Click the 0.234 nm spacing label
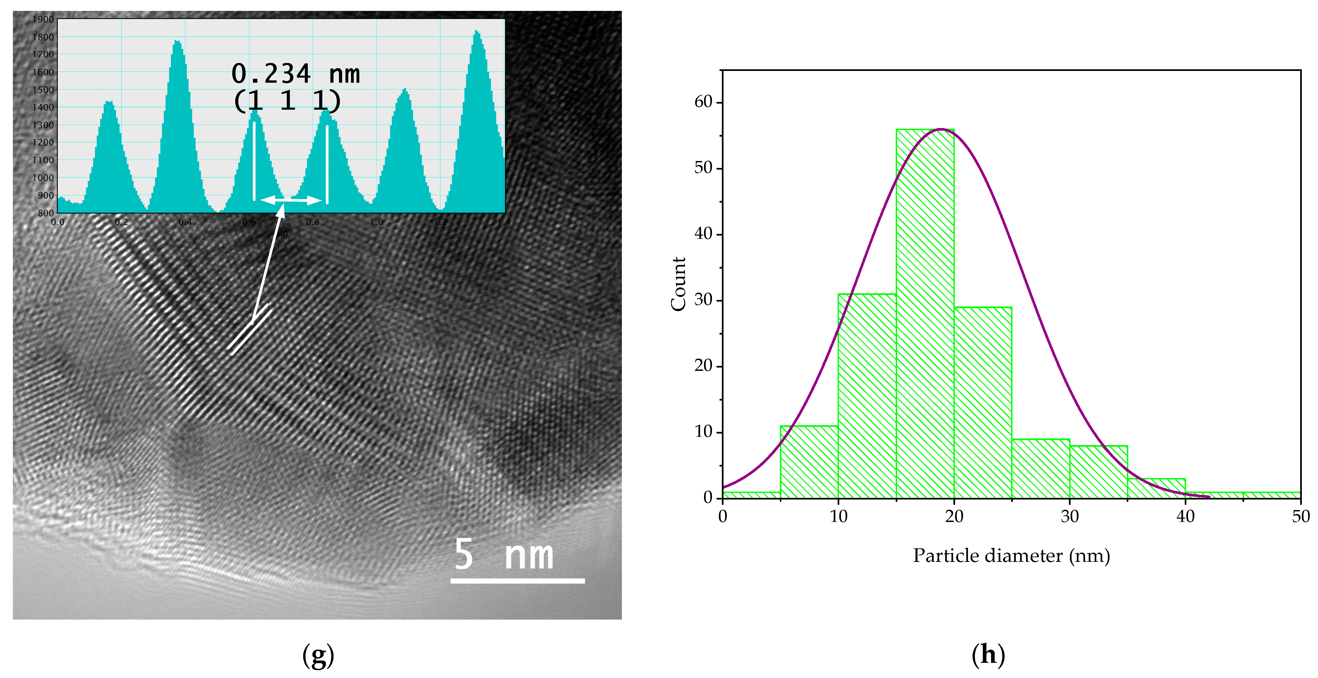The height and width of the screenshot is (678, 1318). click(295, 74)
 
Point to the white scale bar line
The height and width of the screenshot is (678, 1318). click(517, 581)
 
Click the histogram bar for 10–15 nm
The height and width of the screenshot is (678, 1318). click(867, 397)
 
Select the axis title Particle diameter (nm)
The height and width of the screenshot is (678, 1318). click(1011, 556)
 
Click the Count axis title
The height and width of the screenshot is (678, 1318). click(678, 284)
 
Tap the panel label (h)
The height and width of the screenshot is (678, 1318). click(988, 655)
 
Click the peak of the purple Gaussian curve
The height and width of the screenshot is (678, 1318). click(940, 129)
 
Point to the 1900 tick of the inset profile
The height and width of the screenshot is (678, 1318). click(43, 19)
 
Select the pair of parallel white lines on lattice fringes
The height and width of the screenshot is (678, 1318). click(249, 330)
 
